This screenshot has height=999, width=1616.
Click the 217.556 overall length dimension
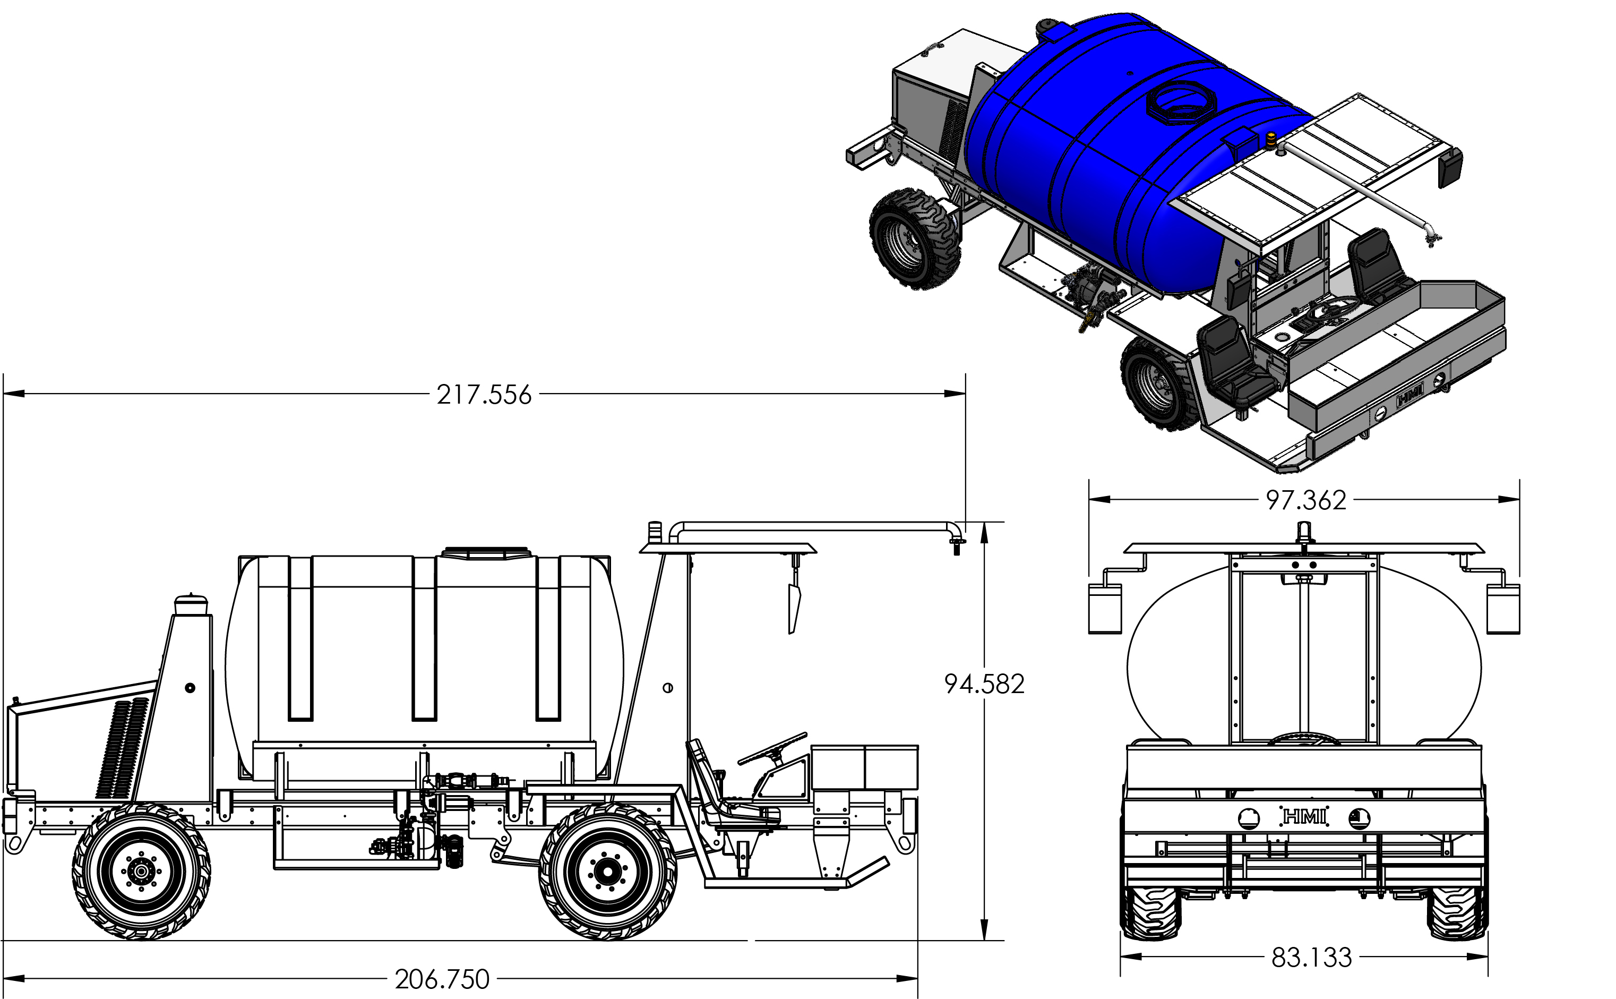(x=484, y=395)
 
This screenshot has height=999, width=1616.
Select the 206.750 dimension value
(x=442, y=979)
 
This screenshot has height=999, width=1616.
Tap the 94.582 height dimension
(x=984, y=684)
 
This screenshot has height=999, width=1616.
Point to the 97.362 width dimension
(x=1305, y=500)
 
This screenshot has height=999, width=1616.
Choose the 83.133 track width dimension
(x=1312, y=958)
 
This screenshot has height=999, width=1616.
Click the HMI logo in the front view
(x=1304, y=817)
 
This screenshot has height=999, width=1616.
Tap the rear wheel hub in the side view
(x=141, y=872)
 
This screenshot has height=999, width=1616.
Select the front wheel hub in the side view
(x=607, y=872)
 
